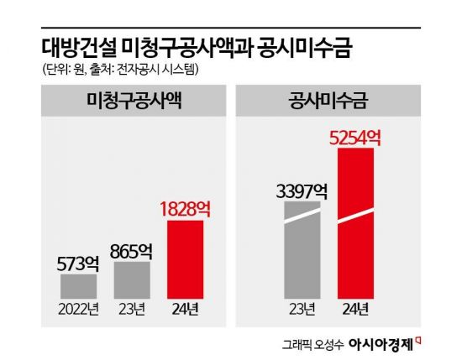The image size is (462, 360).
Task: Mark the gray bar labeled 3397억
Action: click(x=302, y=252)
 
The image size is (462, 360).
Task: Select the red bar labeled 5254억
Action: click(x=360, y=222)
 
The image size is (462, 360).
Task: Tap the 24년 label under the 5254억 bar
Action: click(x=360, y=308)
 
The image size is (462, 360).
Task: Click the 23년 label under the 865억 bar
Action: click(x=132, y=308)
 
